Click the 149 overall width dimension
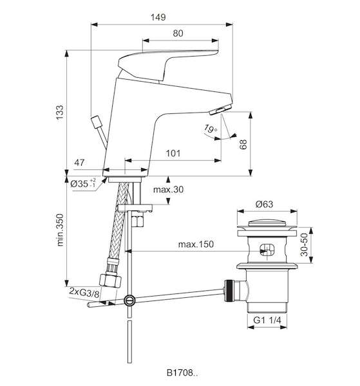[x=158, y=17]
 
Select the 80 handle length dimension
[x=178, y=33]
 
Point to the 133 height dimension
[x=60, y=113]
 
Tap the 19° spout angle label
[x=211, y=129]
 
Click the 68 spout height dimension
[x=243, y=144]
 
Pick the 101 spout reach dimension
[x=173, y=153]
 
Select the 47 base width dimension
[x=79, y=163]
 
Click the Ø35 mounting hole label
[x=83, y=183]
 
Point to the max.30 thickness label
[x=168, y=190]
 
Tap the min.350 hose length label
[x=60, y=230]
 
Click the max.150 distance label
[x=196, y=244]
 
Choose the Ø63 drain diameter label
[x=264, y=204]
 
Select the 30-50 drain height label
[x=305, y=244]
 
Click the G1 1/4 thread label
[x=267, y=320]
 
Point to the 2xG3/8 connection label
[x=84, y=291]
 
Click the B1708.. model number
[x=182, y=372]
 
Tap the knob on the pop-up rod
[x=95, y=122]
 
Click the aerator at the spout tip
[x=220, y=109]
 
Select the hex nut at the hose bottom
[x=110, y=281]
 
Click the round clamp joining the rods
[x=129, y=300]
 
